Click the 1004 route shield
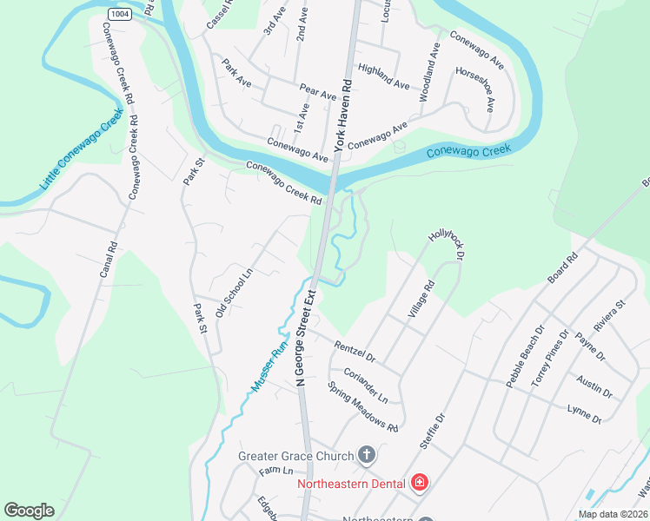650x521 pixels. [x=121, y=15]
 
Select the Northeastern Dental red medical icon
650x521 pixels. [x=420, y=482]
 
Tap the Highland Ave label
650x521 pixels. [x=383, y=77]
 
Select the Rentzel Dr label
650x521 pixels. [x=354, y=351]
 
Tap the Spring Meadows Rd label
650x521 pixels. [x=362, y=406]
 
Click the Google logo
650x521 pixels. [x=29, y=511]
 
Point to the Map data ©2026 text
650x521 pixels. [x=614, y=513]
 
